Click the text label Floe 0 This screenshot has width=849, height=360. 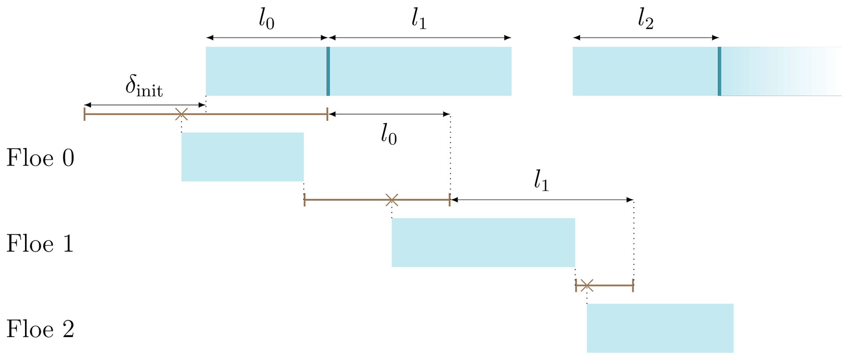tap(40, 158)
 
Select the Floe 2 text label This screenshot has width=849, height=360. tap(40, 329)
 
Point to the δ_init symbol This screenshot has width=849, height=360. tap(144, 87)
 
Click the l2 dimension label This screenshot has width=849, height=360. tap(646, 20)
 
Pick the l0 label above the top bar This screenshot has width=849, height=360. tap(267, 20)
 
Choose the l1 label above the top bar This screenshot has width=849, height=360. tap(419, 20)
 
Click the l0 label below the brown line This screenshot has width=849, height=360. tap(389, 135)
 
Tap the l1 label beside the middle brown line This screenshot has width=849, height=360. tap(541, 181)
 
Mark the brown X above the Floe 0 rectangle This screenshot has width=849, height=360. tap(182, 114)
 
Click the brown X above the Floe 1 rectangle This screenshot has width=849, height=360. tap(392, 200)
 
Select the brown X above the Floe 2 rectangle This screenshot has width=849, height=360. tap(587, 285)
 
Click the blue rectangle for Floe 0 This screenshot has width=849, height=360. tap(242, 157)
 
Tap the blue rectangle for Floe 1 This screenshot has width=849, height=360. tap(483, 242)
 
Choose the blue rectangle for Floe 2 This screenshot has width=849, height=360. tap(660, 328)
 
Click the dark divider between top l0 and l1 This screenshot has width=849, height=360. tap(328, 71)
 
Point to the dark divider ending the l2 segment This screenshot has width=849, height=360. tap(719, 71)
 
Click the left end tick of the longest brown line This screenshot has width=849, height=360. tap(85, 114)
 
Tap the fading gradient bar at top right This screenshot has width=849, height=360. tap(780, 71)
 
